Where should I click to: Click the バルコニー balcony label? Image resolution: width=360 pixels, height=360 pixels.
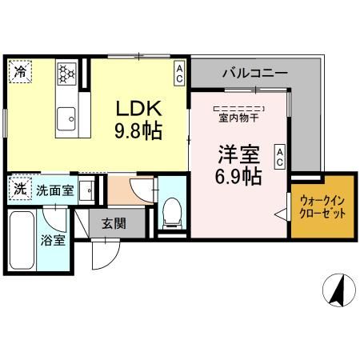[254, 73]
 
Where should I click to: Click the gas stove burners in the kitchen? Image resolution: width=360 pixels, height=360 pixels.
[66, 74]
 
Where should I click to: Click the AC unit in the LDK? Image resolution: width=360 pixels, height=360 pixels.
[180, 74]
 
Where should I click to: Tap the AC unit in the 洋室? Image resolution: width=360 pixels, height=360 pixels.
[280, 156]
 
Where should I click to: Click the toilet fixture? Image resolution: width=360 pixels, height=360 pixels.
[170, 211]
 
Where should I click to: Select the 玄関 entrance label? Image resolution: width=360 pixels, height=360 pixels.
[113, 224]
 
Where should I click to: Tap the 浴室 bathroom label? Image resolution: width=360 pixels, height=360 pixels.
[54, 239]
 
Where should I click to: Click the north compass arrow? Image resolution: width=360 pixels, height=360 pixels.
[338, 289]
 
